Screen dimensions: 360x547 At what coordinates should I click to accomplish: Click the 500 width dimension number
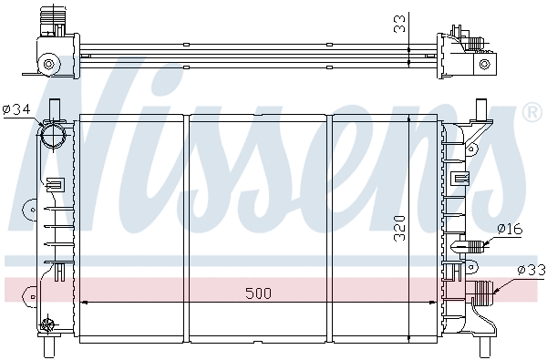(258, 293)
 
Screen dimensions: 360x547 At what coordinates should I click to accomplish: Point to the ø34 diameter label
(16, 110)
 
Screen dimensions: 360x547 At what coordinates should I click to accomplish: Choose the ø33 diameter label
(532, 270)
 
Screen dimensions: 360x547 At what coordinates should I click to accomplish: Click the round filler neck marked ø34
(54, 136)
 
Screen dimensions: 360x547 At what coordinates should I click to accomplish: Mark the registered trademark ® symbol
(530, 113)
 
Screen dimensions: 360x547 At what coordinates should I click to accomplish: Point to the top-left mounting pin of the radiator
(54, 105)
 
